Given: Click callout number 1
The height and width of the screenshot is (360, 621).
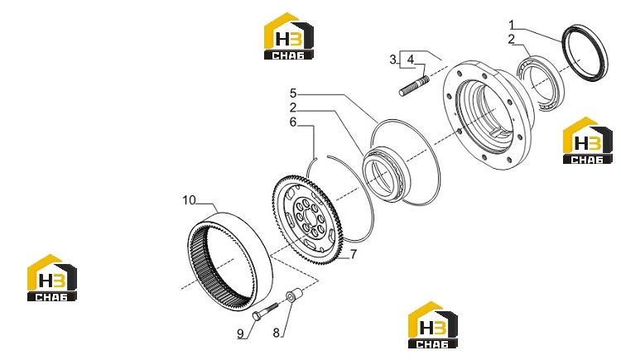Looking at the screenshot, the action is [x=511, y=26].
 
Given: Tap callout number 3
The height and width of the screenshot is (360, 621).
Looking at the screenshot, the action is [x=392, y=60].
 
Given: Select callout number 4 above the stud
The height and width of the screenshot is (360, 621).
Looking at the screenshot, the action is [x=411, y=60].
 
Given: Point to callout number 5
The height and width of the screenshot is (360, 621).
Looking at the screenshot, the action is [x=293, y=94].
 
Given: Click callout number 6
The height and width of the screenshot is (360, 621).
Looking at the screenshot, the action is [x=293, y=122].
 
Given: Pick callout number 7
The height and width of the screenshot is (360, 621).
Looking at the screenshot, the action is [x=354, y=254].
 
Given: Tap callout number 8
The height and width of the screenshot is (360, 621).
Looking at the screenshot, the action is [x=276, y=333].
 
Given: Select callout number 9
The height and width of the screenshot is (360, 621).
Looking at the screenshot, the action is [x=240, y=334].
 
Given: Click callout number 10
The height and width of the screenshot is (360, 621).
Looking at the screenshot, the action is [x=190, y=200].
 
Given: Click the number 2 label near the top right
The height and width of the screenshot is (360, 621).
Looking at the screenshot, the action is [x=512, y=39].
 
